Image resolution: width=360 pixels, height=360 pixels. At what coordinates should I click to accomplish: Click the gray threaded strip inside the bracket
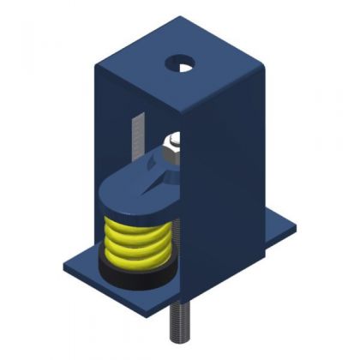point(134,137)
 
